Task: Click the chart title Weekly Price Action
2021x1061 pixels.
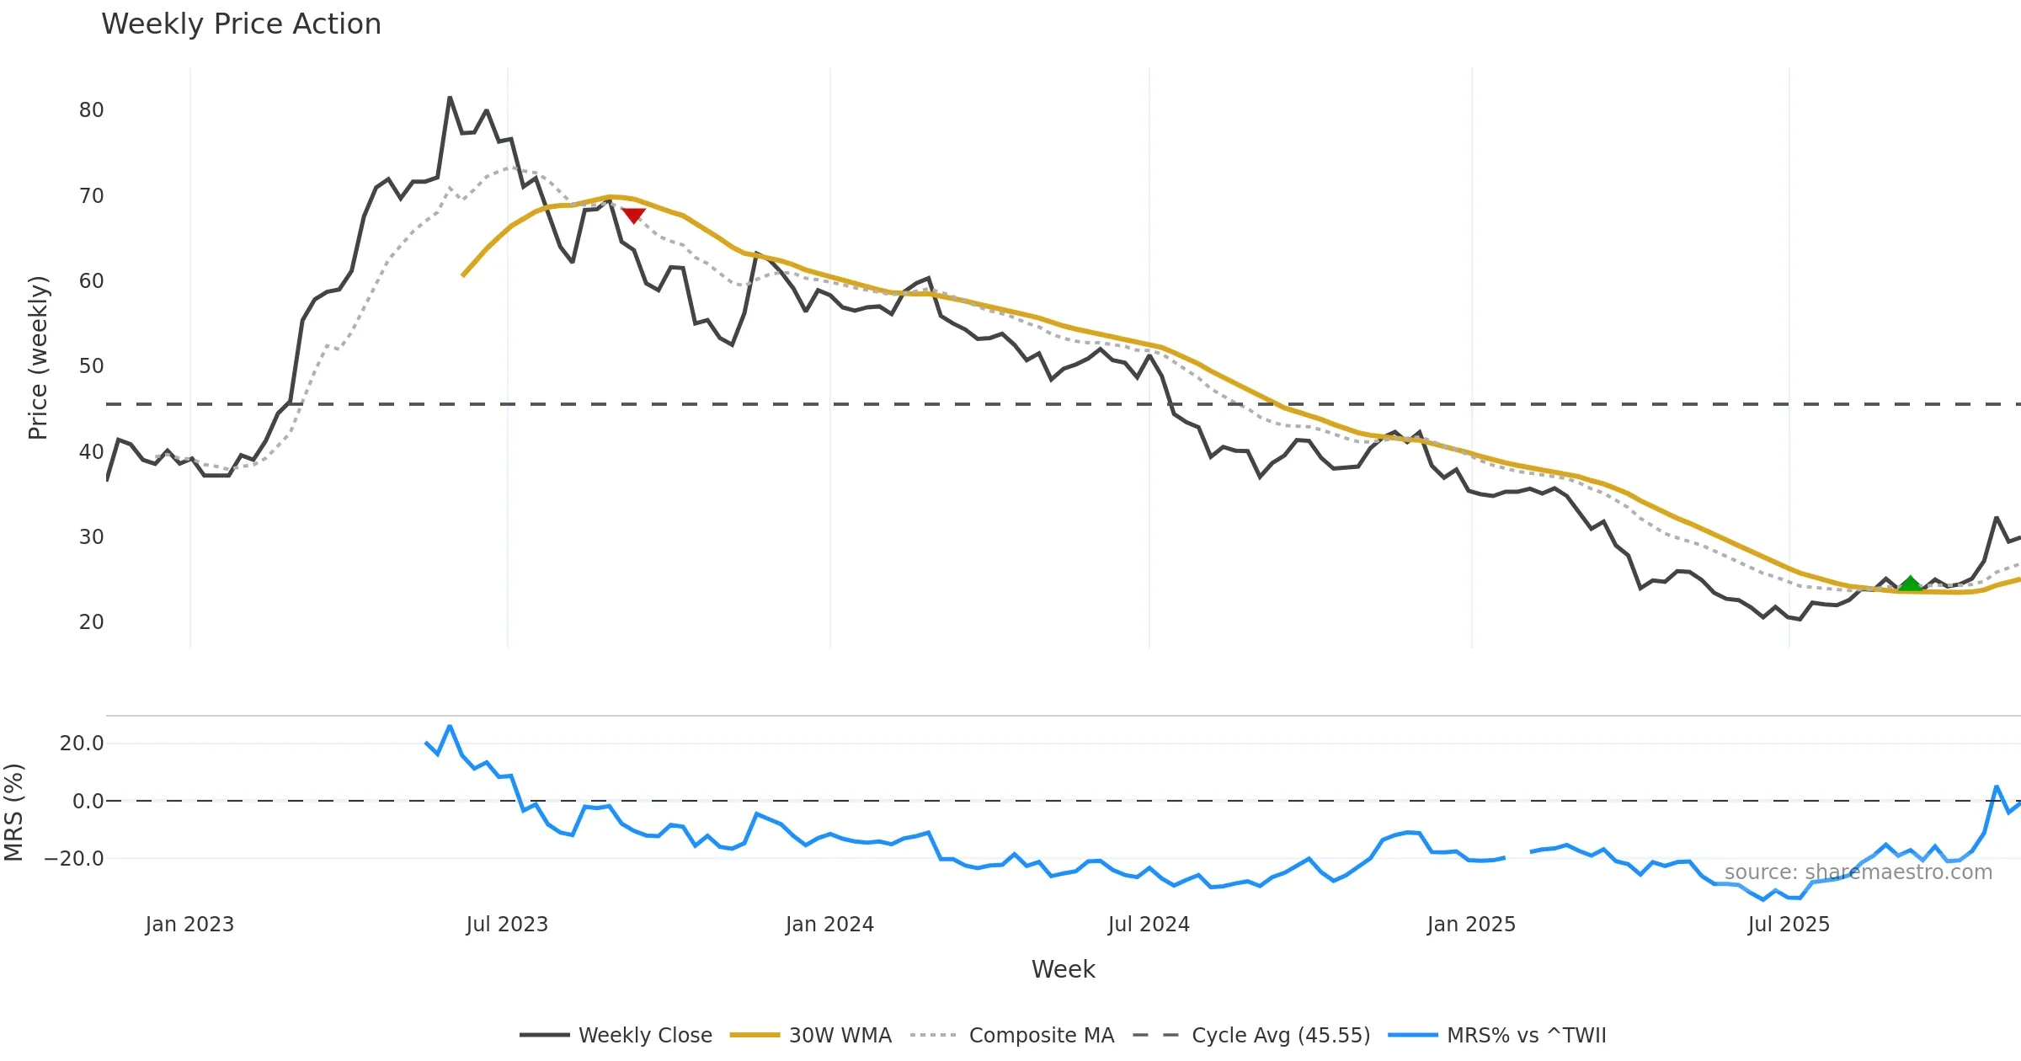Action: (x=241, y=24)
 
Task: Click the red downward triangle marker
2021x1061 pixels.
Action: (x=633, y=216)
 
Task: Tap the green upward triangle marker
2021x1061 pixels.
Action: (x=1911, y=584)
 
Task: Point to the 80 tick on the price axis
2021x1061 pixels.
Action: (x=91, y=110)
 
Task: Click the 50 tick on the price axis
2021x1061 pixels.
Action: (x=91, y=366)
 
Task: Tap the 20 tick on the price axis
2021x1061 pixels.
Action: (x=91, y=622)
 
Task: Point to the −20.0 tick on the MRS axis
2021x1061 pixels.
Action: (x=74, y=859)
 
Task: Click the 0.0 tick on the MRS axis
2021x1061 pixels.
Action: (x=88, y=802)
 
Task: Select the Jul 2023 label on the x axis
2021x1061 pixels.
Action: (x=507, y=925)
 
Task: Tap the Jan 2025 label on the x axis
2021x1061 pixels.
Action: (x=1471, y=925)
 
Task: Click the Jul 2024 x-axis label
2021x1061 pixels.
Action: (x=1149, y=925)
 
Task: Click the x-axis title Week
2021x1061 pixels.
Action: (x=1063, y=970)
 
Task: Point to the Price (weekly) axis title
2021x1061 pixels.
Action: (x=38, y=358)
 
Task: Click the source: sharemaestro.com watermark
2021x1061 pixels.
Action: (x=1858, y=872)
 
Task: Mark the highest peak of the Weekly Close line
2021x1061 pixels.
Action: (x=450, y=98)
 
